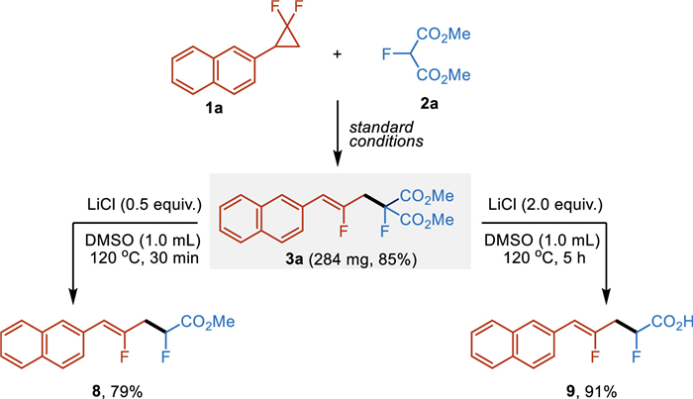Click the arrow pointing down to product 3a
tap(341, 138)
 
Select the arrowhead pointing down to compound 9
tap(630, 291)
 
